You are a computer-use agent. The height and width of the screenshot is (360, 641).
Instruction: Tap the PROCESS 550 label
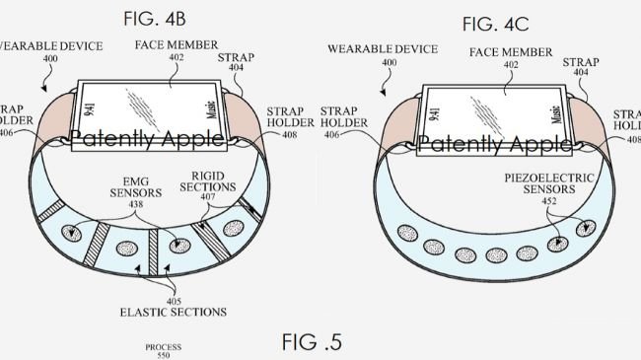pyautogui.click(x=163, y=351)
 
